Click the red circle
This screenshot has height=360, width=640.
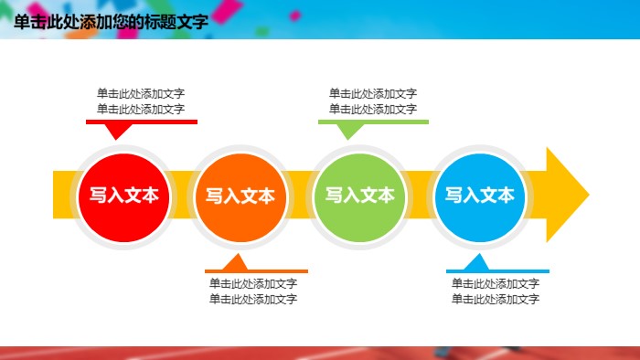123,195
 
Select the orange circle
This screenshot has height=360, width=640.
240,195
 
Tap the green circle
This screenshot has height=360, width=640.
359,195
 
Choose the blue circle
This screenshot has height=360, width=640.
479,195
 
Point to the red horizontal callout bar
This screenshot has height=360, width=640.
142,122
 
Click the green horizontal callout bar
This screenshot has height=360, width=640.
373,122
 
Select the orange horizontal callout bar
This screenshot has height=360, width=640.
256,270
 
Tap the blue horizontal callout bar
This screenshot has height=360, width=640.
497,270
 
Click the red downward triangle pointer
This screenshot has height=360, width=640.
115,131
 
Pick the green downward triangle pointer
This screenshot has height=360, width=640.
347,131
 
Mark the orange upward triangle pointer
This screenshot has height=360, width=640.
237,262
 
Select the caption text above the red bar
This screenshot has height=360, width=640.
142,101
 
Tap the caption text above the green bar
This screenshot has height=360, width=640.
373,101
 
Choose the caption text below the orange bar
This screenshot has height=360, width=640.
253,291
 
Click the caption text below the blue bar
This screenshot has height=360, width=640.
496,291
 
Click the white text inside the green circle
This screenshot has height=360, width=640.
359,195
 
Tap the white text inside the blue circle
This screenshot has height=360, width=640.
479,195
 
